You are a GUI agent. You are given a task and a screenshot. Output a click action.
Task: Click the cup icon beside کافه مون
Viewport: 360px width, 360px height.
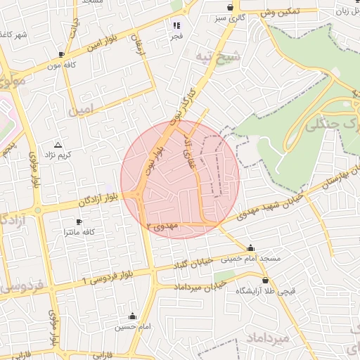[62, 54]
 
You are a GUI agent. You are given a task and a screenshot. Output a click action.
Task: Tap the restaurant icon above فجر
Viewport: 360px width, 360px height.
[176, 25]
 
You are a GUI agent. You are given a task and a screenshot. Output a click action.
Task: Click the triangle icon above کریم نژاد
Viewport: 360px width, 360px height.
[58, 144]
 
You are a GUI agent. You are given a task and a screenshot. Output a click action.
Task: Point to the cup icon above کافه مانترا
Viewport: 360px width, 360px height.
[79, 222]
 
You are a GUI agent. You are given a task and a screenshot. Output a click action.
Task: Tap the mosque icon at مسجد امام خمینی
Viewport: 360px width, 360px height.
[251, 247]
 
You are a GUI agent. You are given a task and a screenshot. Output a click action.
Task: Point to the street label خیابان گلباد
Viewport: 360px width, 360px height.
[193, 264]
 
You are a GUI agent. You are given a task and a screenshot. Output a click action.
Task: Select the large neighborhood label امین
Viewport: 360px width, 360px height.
[82, 109]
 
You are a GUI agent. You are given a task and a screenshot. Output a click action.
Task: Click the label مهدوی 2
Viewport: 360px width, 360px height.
[164, 226]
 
